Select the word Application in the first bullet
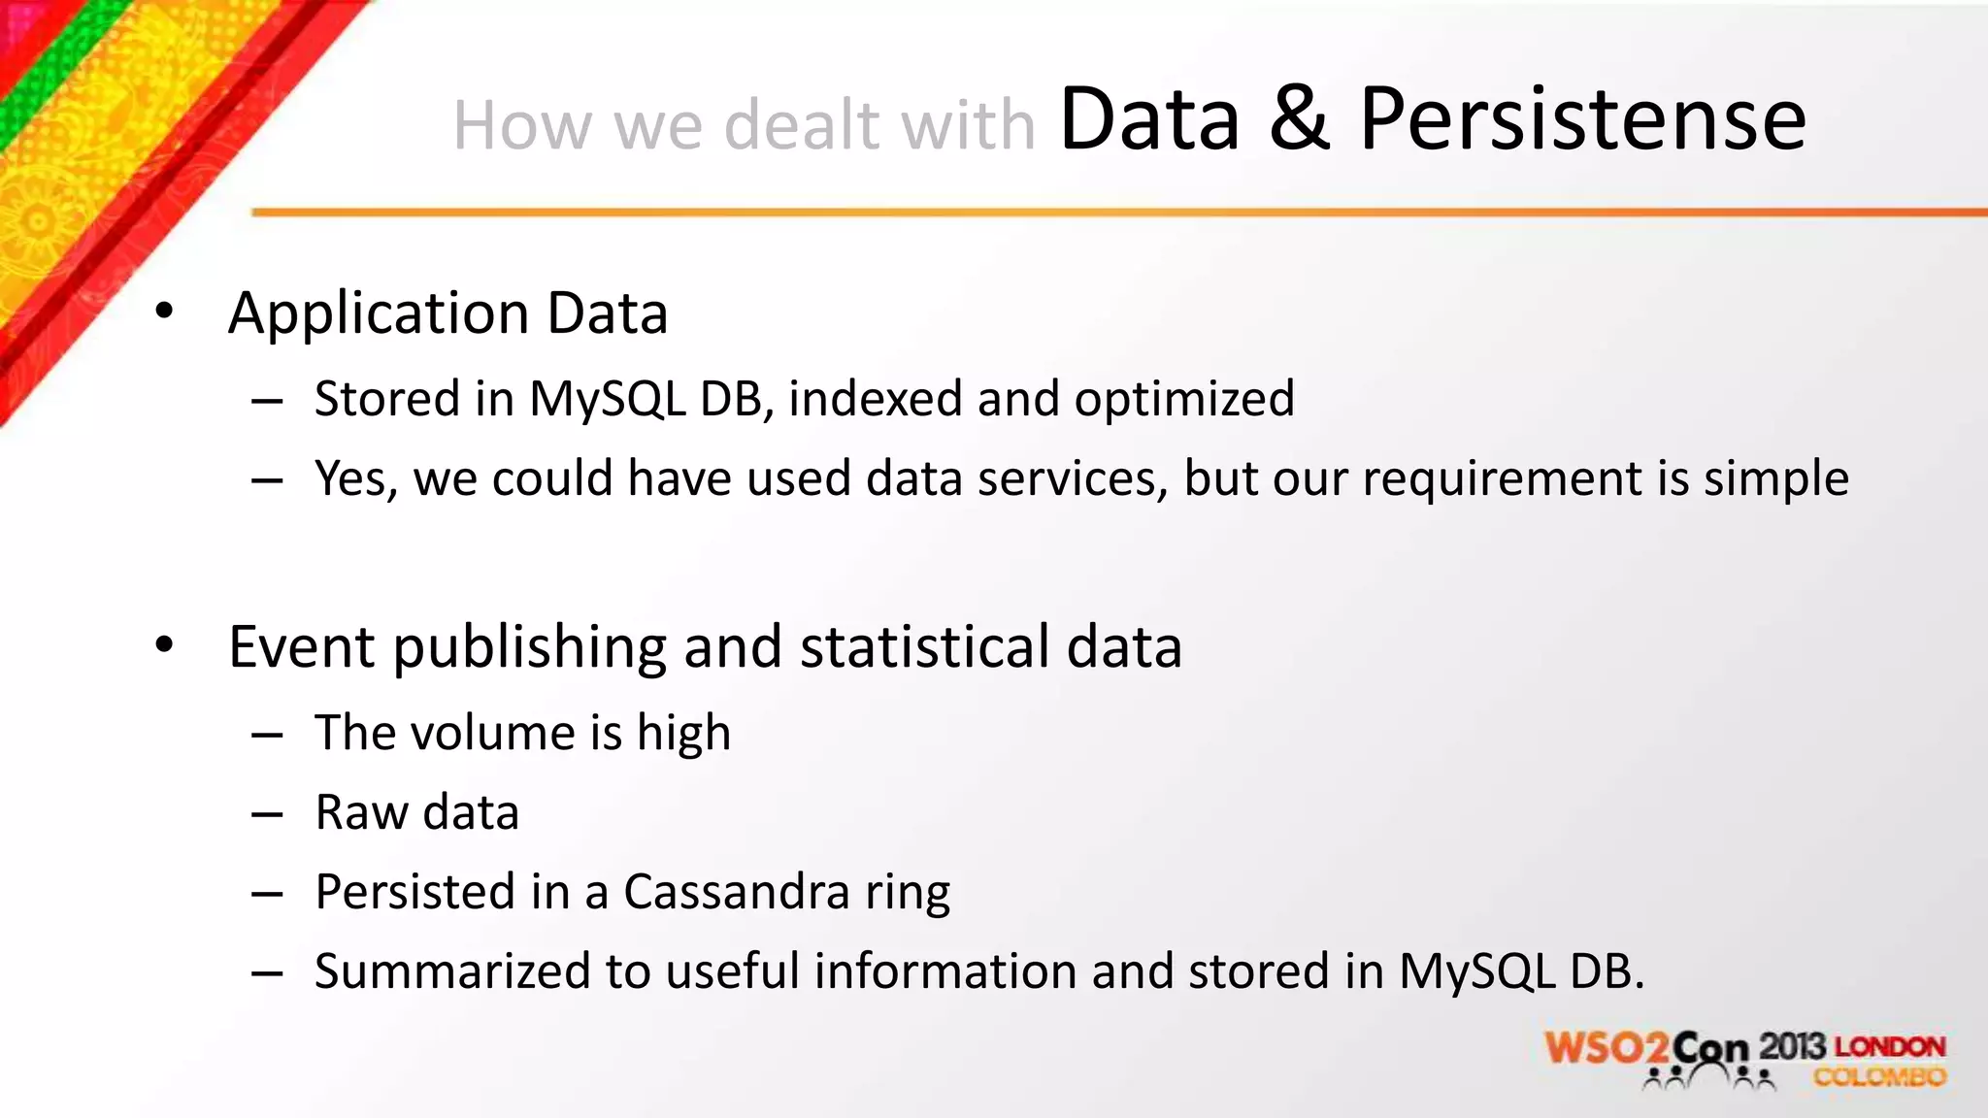tap(380, 314)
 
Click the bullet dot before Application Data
tap(164, 311)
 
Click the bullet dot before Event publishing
tap(164, 644)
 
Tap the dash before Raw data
tap(266, 813)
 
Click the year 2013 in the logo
tap(1792, 1046)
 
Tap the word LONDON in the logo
tap(1890, 1046)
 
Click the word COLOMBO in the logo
tap(1879, 1077)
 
